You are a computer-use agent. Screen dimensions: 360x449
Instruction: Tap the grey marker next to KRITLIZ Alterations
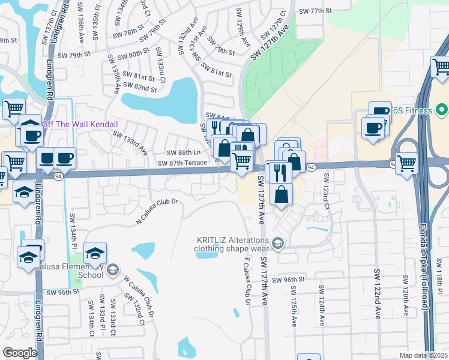277,243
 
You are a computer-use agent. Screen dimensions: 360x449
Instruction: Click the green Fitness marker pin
442,110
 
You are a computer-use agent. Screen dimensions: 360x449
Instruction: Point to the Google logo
20,353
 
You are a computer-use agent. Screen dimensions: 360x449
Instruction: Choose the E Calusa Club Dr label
247,283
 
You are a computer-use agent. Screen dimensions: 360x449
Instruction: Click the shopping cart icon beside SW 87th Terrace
241,160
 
